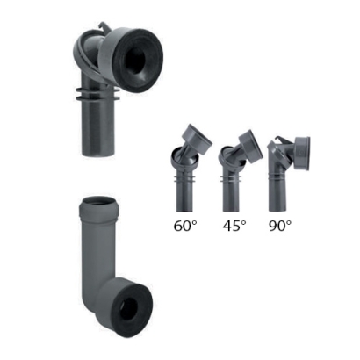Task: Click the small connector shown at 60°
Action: click(x=186, y=170)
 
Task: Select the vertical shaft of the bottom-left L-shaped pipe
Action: click(x=95, y=255)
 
